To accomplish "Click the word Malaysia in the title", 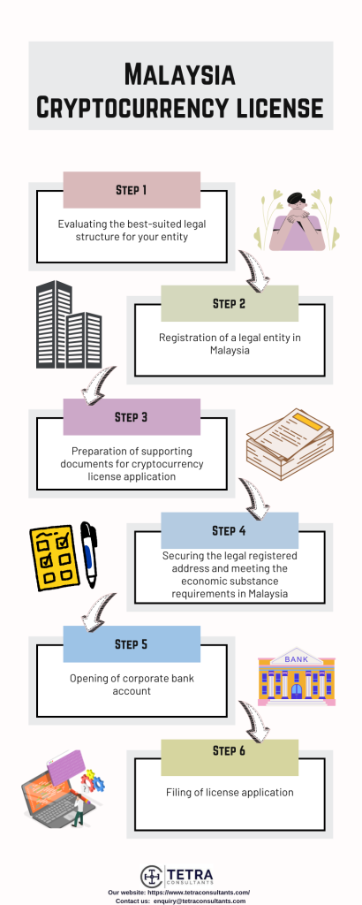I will coord(180,73).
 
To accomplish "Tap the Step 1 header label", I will coord(132,189).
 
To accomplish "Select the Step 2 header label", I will coord(230,303).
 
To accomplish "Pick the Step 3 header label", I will coord(132,416).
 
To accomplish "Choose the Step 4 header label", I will coord(230,530).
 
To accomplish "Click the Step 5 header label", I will coord(132,643).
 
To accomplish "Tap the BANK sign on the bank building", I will coord(296,659).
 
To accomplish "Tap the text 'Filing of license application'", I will coord(230,793).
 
